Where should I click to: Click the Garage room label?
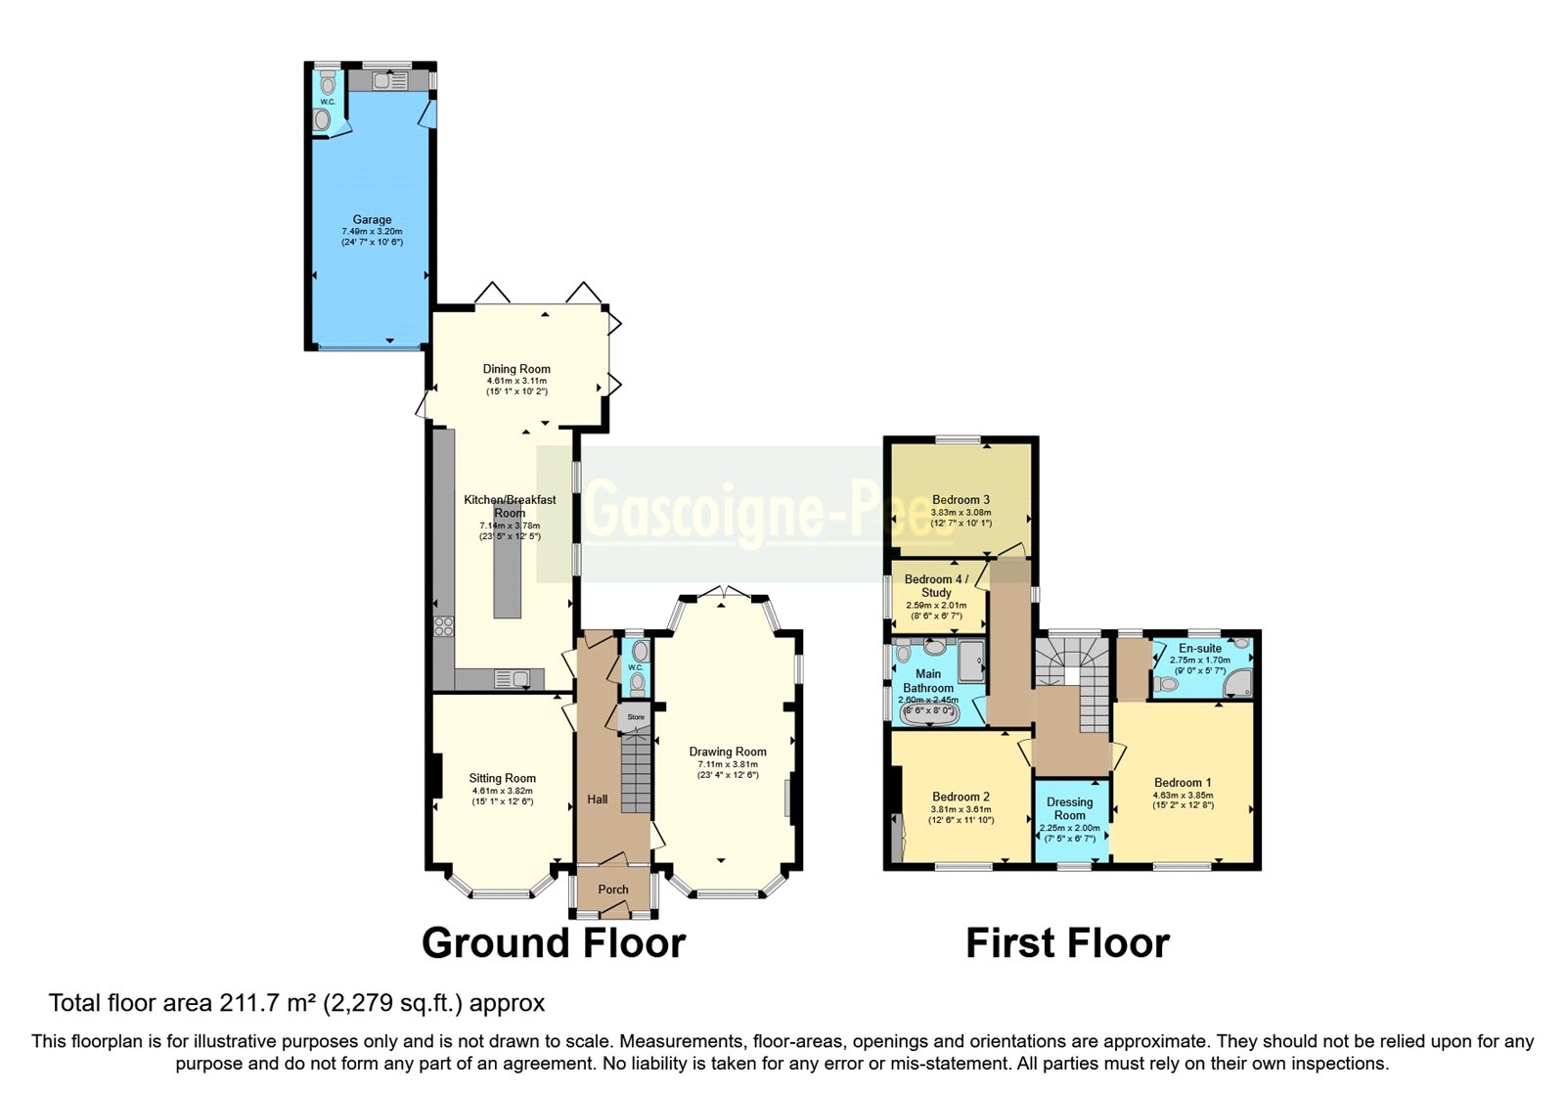(372, 220)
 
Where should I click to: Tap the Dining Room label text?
(516, 369)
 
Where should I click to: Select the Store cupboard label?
(636, 717)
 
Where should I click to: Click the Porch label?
(613, 890)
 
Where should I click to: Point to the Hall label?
(598, 799)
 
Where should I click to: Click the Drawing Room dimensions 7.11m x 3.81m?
(728, 764)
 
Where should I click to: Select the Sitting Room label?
(502, 779)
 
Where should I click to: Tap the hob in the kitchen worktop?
(444, 626)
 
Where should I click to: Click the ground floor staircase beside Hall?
(636, 773)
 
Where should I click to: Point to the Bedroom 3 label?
(961, 500)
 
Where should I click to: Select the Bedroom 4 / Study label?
(936, 585)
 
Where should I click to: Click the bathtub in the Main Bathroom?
(928, 713)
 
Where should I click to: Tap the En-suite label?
(1200, 648)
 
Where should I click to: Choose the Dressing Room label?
(1069, 808)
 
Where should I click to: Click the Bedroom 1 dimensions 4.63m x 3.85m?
(1183, 795)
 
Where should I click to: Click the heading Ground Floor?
(554, 943)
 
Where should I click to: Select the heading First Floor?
(1067, 943)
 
